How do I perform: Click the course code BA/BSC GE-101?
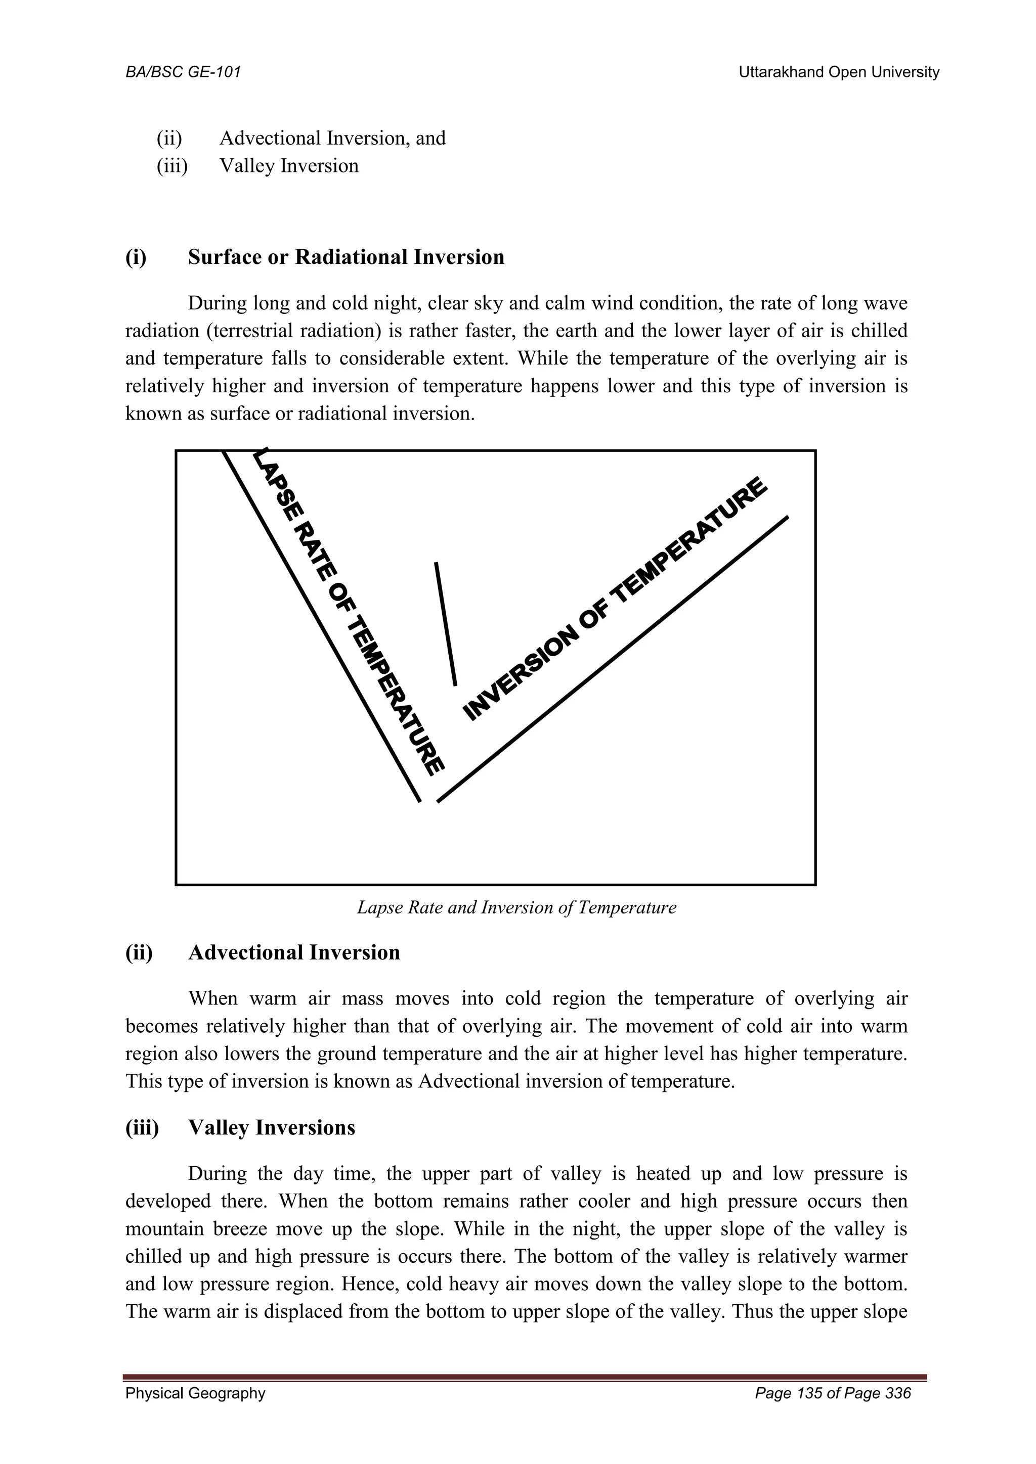click(x=183, y=72)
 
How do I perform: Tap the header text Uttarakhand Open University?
click(x=838, y=72)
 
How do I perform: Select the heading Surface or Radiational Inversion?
click(x=346, y=257)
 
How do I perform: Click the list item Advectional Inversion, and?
click(x=332, y=138)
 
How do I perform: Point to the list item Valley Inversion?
click(x=289, y=166)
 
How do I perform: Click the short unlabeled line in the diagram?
click(x=445, y=624)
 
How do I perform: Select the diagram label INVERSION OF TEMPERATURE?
click(x=614, y=600)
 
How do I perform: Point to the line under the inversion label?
click(x=613, y=659)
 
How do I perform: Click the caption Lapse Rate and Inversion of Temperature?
click(x=516, y=907)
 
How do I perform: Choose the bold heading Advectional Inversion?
click(x=294, y=952)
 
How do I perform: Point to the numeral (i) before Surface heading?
click(x=135, y=257)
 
